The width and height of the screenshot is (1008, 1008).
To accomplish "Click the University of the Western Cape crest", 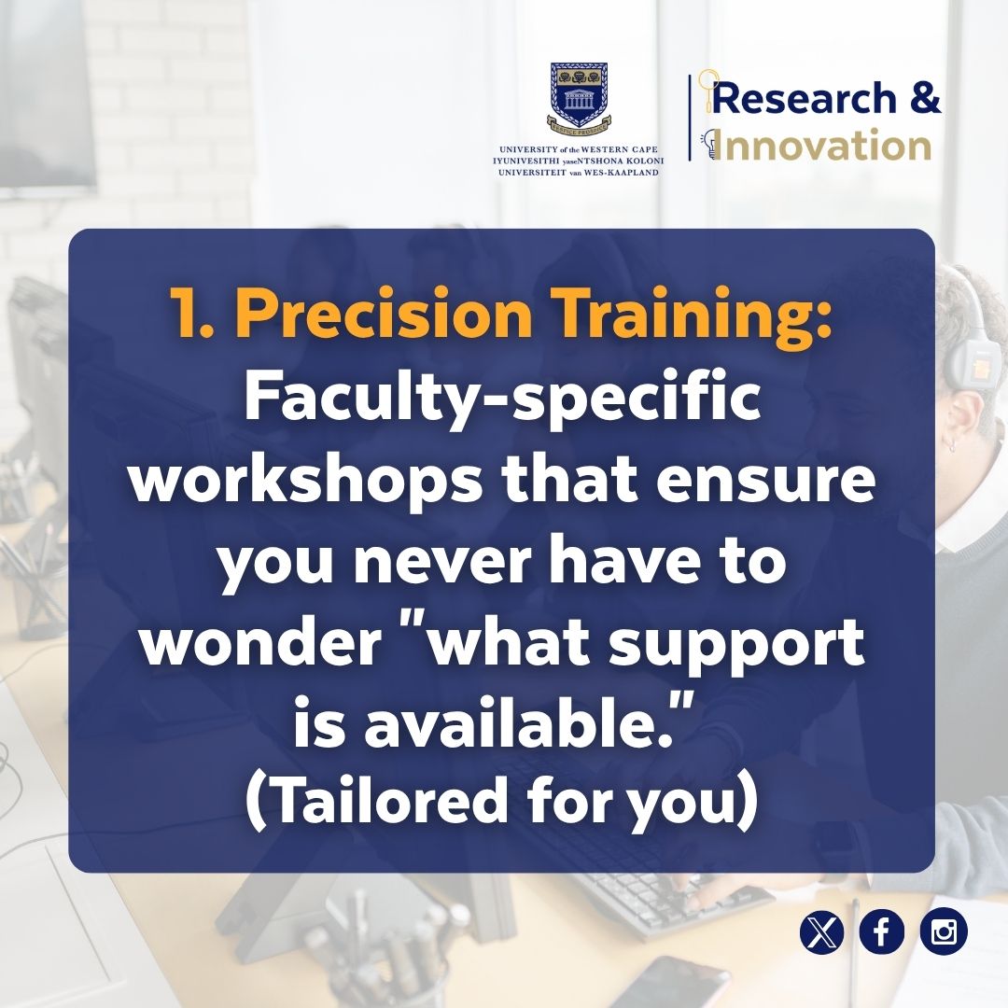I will point(579,97).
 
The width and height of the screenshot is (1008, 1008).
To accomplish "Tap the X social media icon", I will point(821,932).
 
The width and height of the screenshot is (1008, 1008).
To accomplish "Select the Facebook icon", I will point(882,932).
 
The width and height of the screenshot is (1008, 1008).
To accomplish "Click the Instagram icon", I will point(944,932).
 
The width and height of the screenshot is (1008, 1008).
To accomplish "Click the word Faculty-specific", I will point(502,401).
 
